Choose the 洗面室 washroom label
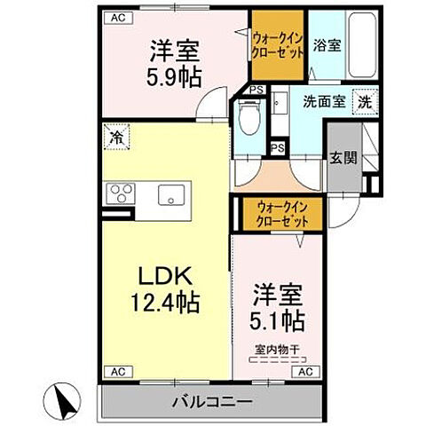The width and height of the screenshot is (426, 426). coord(324,101)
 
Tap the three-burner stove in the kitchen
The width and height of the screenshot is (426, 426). coord(119,193)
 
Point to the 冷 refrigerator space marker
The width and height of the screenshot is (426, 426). coord(116,137)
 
